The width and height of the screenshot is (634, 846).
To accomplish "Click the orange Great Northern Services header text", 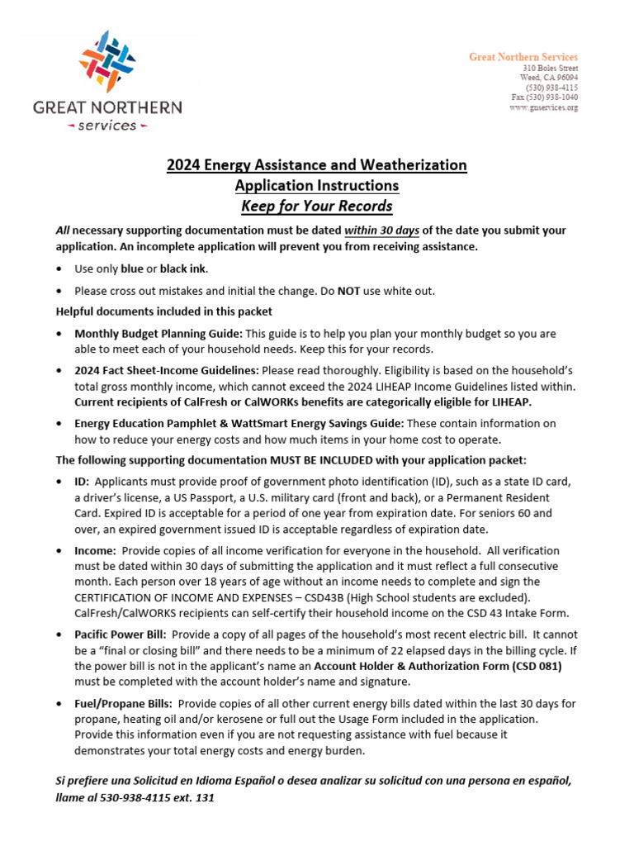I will coord(523,57).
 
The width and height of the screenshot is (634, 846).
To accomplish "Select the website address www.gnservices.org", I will coord(543,107).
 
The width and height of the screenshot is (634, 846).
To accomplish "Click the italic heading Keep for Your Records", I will coord(316,206).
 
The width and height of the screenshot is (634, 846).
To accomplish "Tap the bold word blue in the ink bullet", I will coord(132,269).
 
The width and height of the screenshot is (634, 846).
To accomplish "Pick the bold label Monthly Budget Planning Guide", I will coord(158,334).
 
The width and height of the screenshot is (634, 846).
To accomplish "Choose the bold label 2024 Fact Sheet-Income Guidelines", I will coord(167,371).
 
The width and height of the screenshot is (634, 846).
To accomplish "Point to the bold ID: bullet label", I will coord(81,482).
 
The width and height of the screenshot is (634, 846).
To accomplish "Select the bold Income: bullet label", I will coord(94,550).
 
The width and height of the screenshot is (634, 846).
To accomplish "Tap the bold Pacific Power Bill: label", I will coord(121,634).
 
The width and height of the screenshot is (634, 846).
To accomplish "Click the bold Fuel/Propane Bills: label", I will coord(123,703).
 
